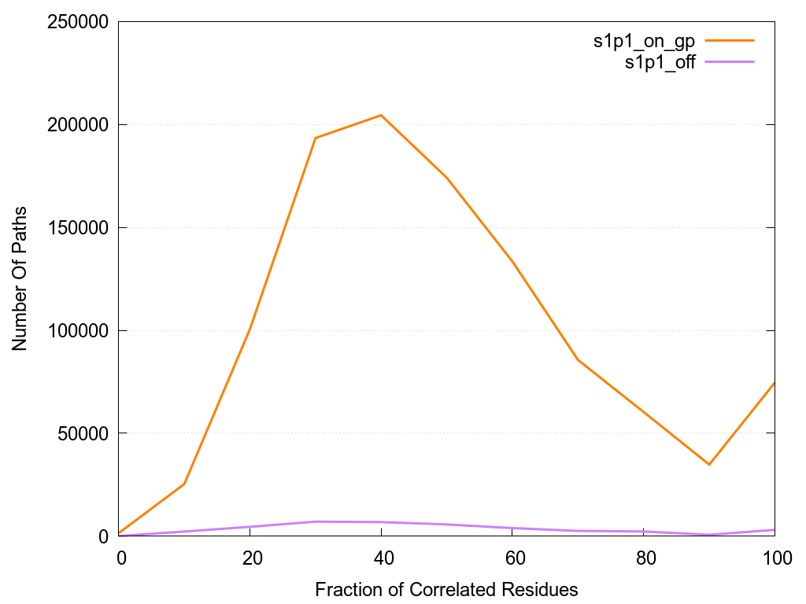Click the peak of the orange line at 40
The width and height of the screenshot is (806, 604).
click(x=381, y=115)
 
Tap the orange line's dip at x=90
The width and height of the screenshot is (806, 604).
click(x=709, y=464)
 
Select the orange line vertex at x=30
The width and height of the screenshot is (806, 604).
click(x=315, y=138)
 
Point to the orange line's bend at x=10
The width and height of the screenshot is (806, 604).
click(x=184, y=484)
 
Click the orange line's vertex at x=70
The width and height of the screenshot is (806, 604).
click(x=578, y=359)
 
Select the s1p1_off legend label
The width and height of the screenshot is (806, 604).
click(x=660, y=63)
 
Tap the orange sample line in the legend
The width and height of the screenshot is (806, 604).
click(x=730, y=40)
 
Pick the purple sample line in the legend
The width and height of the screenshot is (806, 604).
click(x=730, y=61)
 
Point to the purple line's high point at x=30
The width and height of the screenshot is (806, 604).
click(x=315, y=521)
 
